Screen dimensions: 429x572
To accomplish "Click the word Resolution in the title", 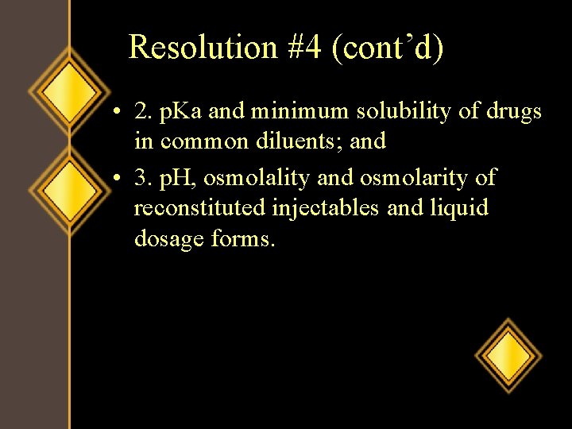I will click(x=203, y=48).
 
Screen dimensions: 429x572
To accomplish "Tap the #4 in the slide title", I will click(x=306, y=48).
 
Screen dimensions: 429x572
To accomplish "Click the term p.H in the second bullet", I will click(x=178, y=177).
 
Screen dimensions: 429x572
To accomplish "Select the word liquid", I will click(x=461, y=208).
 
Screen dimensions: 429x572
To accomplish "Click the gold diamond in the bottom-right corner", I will click(x=508, y=354).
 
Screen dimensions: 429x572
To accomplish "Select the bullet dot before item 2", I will click(x=116, y=113).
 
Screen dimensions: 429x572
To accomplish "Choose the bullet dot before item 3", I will click(x=116, y=178).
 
